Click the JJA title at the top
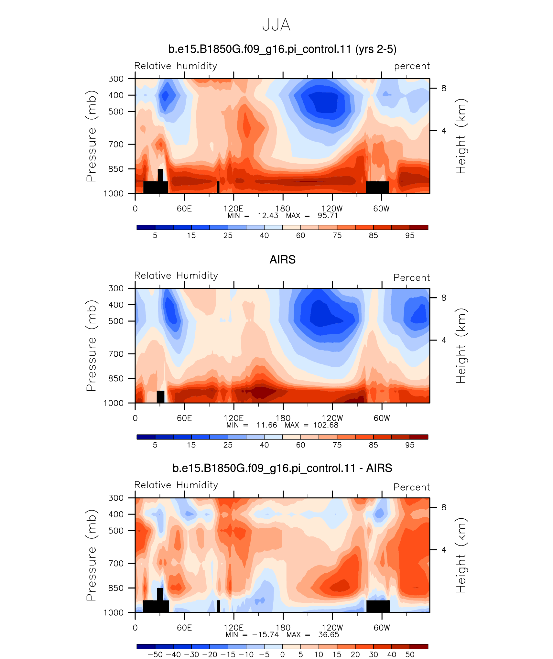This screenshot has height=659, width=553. [276, 25]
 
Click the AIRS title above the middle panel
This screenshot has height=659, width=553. [283, 259]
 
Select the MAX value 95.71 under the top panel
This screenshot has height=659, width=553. [328, 216]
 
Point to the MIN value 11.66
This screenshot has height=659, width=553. [267, 425]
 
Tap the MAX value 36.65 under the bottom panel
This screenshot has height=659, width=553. [329, 635]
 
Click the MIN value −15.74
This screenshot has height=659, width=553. [265, 635]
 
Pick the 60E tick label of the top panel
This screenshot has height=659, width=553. [184, 209]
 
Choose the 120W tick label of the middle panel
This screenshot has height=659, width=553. [332, 418]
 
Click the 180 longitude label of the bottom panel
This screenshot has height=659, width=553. [283, 628]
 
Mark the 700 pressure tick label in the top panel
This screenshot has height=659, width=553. [116, 144]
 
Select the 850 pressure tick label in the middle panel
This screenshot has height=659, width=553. [116, 378]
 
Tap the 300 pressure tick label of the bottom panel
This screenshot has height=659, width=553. [116, 498]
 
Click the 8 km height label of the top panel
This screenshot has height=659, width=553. [444, 88]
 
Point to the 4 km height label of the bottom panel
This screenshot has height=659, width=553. [444, 550]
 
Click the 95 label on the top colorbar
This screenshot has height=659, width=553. [410, 235]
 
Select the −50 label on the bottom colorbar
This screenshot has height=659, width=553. [155, 654]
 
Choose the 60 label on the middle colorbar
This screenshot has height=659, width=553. [300, 445]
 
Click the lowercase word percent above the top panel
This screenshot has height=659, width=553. [412, 66]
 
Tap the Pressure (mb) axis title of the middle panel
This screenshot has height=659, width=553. [92, 346]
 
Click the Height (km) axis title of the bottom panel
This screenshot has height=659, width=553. [461, 555]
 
